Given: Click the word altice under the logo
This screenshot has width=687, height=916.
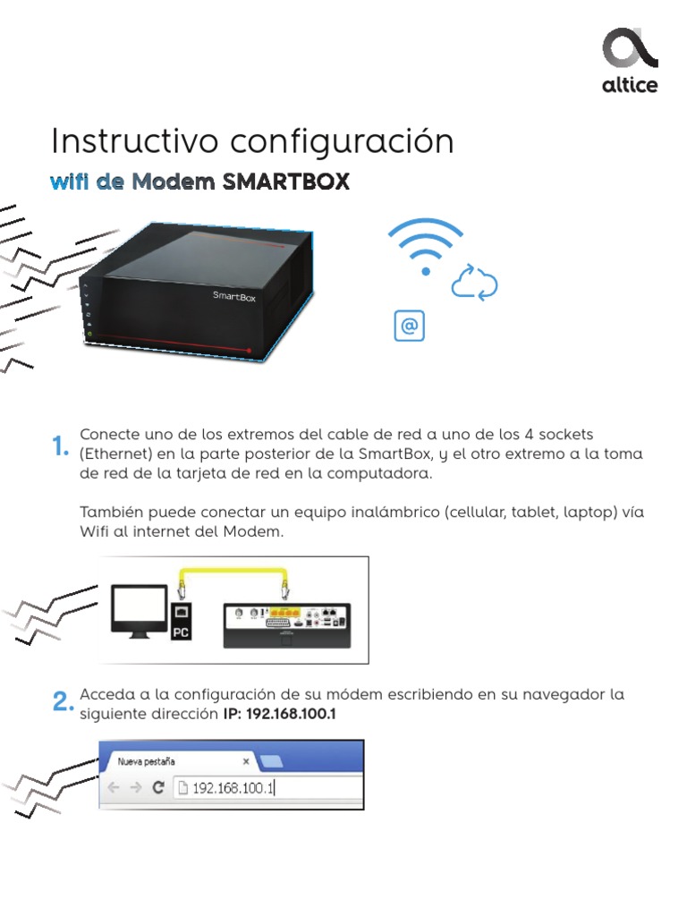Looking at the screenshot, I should pos(629,85).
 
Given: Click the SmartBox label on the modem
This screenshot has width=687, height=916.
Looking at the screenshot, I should pos(233,296).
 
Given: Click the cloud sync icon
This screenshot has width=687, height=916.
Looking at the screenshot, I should pos(474,283).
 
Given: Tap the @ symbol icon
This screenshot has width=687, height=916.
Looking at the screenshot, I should pos(410,327).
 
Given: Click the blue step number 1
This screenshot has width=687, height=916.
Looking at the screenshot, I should pos(60,446).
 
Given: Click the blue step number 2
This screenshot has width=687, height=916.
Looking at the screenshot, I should pos(62,703).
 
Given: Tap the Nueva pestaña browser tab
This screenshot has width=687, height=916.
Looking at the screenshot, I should pos(148,761).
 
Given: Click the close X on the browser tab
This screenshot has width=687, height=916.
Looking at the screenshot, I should pos(246,761).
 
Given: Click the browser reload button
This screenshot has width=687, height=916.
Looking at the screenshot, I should pos(158,788).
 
